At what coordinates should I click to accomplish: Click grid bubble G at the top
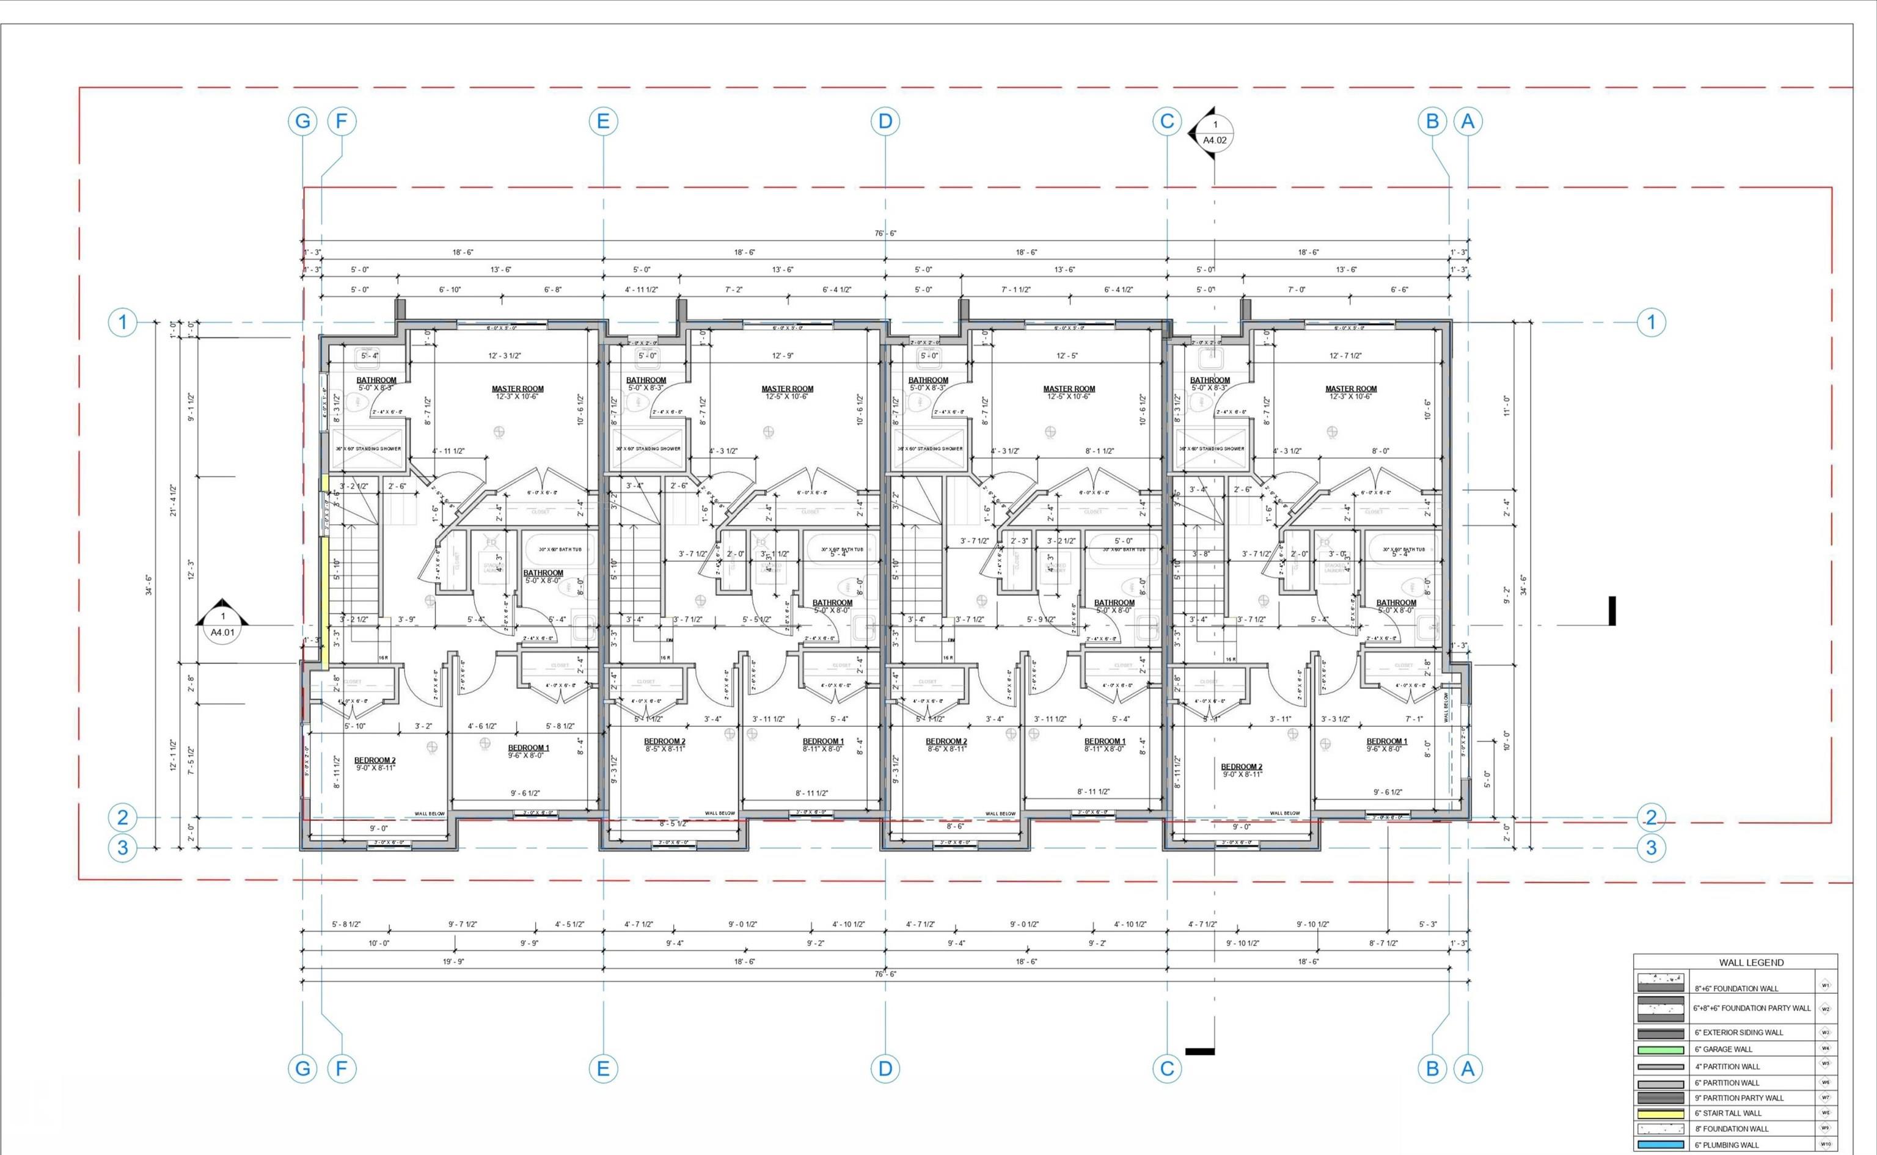[302, 122]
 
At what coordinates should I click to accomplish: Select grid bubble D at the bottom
[885, 1069]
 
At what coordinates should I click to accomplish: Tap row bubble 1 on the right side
[1651, 322]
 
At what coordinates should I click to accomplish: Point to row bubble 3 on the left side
[122, 847]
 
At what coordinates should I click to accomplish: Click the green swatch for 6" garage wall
[1660, 1049]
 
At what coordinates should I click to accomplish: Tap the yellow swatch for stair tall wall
[1660, 1113]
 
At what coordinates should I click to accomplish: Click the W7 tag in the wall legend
[1825, 1098]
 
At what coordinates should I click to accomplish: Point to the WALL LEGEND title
[1751, 963]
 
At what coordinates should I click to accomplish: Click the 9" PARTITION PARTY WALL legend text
[1739, 1098]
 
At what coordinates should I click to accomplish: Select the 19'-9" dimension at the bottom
[453, 962]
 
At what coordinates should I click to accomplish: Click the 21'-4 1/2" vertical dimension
[174, 500]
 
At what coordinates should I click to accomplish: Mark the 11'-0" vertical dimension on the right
[1507, 406]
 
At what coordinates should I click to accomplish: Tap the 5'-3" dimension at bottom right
[1428, 924]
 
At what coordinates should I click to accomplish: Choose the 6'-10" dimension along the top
[449, 290]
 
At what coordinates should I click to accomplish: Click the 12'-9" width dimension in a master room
[782, 356]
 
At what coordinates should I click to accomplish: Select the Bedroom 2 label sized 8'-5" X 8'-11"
[664, 745]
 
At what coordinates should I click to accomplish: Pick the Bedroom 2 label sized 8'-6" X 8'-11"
[946, 745]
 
